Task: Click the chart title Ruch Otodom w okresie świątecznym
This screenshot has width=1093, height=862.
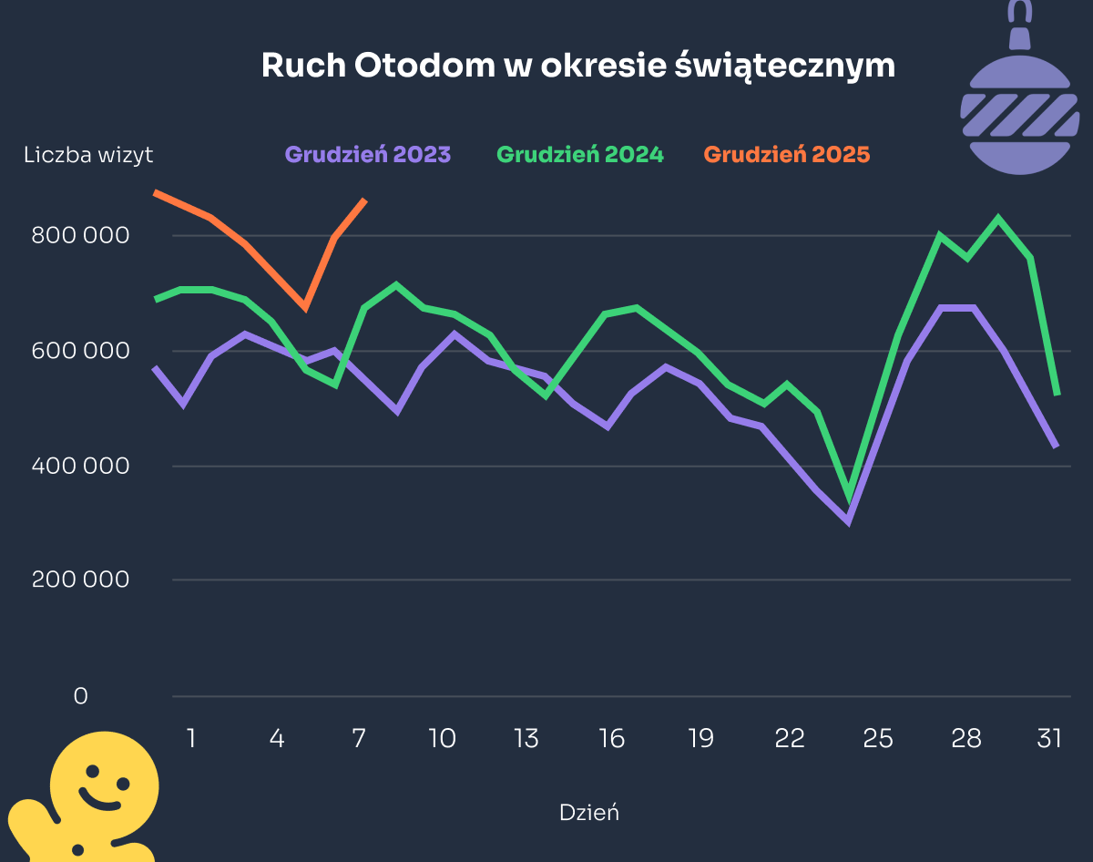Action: tap(577, 67)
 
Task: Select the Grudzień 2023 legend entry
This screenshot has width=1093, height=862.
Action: tap(367, 155)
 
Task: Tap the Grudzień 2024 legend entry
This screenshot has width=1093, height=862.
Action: tap(580, 155)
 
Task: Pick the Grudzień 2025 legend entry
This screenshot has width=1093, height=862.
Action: tap(787, 155)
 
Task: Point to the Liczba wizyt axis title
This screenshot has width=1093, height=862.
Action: tap(88, 156)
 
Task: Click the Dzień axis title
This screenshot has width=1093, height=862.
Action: tap(588, 813)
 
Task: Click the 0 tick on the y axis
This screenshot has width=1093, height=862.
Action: tap(81, 696)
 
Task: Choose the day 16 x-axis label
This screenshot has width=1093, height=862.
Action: tap(612, 738)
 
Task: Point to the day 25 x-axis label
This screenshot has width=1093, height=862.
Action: tap(878, 738)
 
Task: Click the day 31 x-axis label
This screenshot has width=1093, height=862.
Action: tap(1049, 738)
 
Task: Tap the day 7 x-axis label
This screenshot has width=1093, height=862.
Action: tap(359, 738)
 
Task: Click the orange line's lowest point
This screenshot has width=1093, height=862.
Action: tap(305, 308)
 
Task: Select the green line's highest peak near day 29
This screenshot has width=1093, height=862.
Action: tap(999, 219)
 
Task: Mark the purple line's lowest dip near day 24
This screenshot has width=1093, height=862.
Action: tap(848, 521)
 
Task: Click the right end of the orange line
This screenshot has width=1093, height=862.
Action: tap(365, 200)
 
